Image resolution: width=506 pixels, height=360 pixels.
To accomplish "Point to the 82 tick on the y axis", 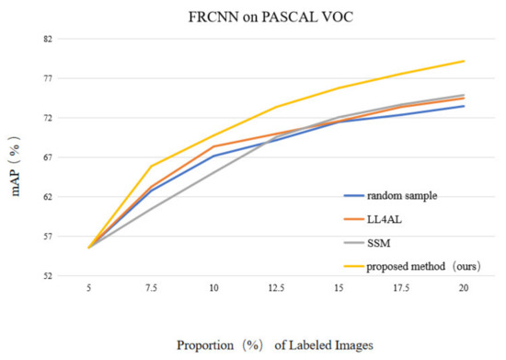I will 47,40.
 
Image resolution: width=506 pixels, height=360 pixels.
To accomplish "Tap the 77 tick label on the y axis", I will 47,79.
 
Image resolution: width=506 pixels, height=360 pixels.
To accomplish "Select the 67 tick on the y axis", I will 47,157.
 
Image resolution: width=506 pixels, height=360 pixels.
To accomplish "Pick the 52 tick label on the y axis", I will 47,275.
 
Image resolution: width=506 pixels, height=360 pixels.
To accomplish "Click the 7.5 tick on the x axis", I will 151,288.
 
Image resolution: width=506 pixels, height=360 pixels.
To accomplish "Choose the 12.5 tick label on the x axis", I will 276,288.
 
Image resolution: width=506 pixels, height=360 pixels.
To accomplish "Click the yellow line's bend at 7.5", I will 151,166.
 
